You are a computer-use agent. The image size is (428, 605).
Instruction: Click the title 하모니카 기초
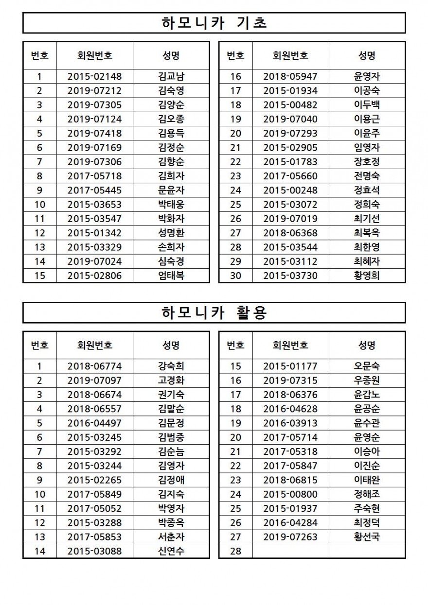coord(214,23)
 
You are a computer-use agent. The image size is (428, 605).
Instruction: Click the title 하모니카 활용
coord(214,312)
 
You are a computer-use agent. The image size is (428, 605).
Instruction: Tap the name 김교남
coord(171,76)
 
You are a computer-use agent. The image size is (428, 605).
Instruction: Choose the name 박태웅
coord(171,205)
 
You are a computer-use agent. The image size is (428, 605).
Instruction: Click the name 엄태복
coord(171,276)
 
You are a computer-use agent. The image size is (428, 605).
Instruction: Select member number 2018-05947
coord(290,76)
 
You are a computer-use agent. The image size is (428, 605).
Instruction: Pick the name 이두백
coord(367,105)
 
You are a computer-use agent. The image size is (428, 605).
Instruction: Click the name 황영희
coord(367,276)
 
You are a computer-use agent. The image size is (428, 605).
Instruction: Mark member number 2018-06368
coord(290,233)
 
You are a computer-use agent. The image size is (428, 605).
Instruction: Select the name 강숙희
coord(171,366)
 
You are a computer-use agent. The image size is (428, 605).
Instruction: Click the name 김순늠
coord(171,451)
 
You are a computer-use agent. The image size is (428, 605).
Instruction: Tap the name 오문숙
coord(367,366)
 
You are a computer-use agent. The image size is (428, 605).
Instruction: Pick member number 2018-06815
coord(290,480)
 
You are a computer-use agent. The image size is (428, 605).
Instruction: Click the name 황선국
coord(367,537)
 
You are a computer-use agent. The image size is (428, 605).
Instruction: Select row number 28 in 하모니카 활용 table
coord(235,551)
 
